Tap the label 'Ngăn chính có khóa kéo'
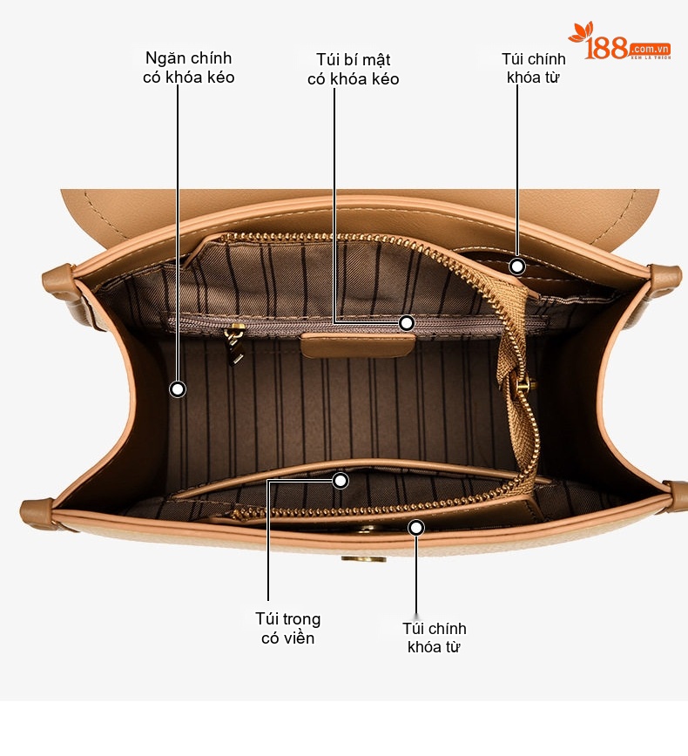pos(188,68)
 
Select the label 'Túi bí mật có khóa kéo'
pos(354,69)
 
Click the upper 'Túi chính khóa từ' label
pos(533,68)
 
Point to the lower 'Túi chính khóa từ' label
pos(434,638)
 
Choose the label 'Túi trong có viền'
pos(288,628)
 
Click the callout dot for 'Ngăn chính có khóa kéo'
pos(178,389)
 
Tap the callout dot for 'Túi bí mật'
pos(407,323)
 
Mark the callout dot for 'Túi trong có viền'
pos(341,481)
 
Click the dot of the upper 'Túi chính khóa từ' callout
pos(517,267)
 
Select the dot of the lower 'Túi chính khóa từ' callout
pos(416,528)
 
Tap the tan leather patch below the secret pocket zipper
pos(358,345)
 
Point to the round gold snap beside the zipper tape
pos(523,385)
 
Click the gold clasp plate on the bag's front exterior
pos(364,559)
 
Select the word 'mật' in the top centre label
pos(376,60)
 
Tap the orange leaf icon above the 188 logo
pos(581,32)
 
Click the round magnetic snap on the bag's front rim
pos(368,530)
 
